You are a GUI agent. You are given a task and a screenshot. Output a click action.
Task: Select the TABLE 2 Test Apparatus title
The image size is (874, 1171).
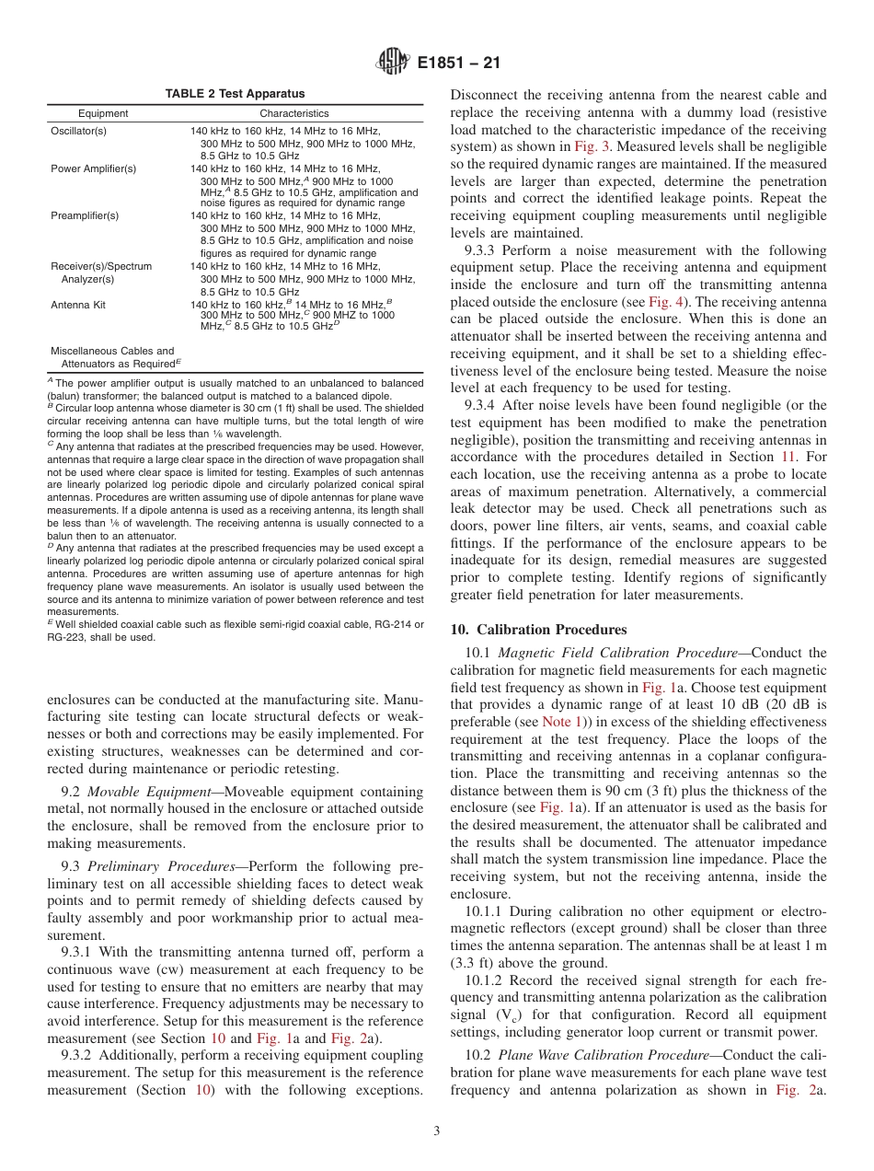click(x=235, y=94)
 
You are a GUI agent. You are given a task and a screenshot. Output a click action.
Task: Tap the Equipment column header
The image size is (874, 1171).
click(x=103, y=113)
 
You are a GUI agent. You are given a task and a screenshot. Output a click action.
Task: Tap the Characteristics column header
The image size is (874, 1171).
click(x=293, y=113)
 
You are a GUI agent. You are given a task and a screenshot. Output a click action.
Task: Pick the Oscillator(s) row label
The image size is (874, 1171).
click(x=78, y=132)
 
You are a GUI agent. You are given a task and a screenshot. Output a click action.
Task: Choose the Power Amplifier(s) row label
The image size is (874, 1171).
click(x=93, y=168)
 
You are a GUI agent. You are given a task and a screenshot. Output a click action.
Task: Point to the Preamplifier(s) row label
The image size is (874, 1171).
click(x=85, y=215)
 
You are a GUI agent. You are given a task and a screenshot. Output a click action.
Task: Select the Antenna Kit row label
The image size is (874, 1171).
click(x=76, y=303)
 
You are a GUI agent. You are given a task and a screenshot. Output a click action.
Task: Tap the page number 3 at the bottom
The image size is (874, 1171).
click(x=437, y=1130)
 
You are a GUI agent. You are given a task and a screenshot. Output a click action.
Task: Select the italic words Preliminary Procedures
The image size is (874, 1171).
click(x=162, y=865)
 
